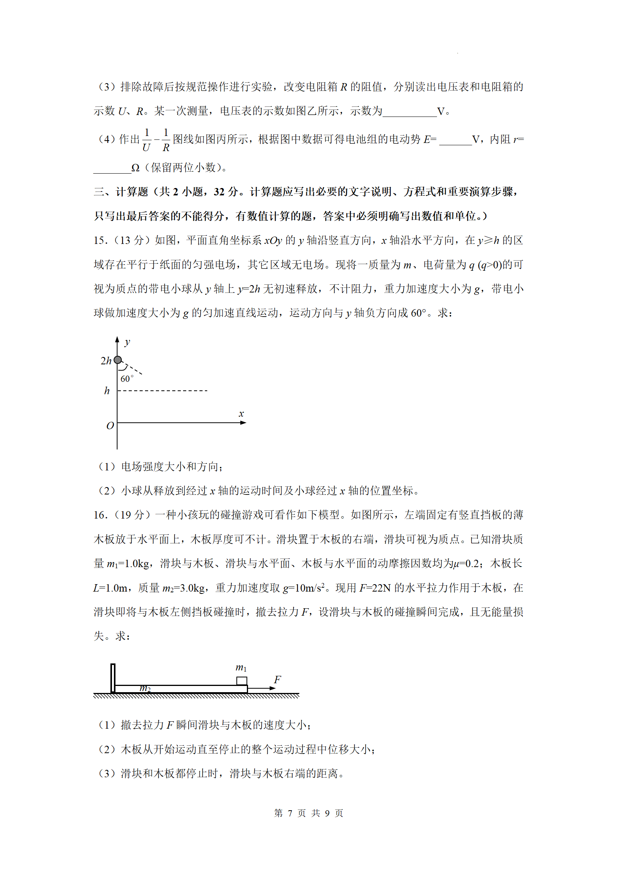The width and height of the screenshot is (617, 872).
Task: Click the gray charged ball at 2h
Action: pyautogui.click(x=118, y=360)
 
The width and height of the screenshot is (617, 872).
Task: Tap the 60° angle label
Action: pyautogui.click(x=127, y=379)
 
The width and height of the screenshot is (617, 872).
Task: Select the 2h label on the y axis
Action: pyautogui.click(x=106, y=361)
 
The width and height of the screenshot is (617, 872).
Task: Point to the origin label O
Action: pyautogui.click(x=110, y=426)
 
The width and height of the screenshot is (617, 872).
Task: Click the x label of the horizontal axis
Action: pyautogui.click(x=241, y=414)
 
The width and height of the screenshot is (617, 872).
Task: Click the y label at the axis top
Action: pyautogui.click(x=127, y=342)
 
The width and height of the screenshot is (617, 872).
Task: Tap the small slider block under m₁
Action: pyautogui.click(x=242, y=681)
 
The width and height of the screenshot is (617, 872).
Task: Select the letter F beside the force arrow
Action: pyautogui.click(x=277, y=679)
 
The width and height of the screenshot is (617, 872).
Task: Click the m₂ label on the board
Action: pyautogui.click(x=145, y=688)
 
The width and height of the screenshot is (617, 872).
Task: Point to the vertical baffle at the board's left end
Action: pyautogui.click(x=113, y=678)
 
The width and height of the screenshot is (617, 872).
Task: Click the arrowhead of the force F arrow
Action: pyautogui.click(x=273, y=688)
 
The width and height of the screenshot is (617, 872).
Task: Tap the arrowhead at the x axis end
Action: pyautogui.click(x=243, y=423)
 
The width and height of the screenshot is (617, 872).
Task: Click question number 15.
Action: pyautogui.click(x=100, y=240)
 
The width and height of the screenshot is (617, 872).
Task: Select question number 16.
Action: pyautogui.click(x=100, y=515)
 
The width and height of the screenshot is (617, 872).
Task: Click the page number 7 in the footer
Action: pyautogui.click(x=290, y=813)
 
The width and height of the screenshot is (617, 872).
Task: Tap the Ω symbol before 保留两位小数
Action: pyautogui.click(x=135, y=168)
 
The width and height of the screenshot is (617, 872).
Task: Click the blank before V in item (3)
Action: pyautogui.click(x=409, y=111)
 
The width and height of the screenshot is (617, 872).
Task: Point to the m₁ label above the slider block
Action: pyautogui.click(x=241, y=668)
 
